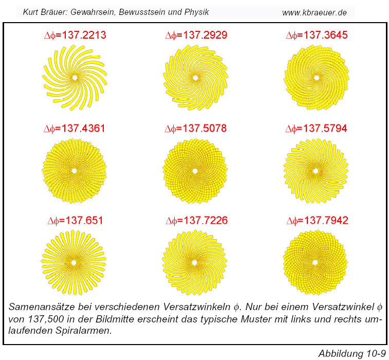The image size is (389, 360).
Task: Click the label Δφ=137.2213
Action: [75, 35]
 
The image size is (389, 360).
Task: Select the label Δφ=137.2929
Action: [196, 35]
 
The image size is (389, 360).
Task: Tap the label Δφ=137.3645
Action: [317, 35]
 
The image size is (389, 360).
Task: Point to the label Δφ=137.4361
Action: [75, 128]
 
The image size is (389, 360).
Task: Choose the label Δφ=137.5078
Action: [196, 128]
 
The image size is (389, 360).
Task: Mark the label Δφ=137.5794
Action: [317, 128]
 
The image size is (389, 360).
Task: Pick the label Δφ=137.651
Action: [75, 221]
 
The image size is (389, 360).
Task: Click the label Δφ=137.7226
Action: [196, 221]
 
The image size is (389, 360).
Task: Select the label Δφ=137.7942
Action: [317, 221]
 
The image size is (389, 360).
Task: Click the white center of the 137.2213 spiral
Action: [75, 78]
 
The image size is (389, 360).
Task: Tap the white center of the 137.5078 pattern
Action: [195, 170]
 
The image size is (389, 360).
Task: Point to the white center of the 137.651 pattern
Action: [74, 262]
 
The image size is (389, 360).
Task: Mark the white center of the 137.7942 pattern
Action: [315, 262]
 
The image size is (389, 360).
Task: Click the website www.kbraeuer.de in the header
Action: [315, 12]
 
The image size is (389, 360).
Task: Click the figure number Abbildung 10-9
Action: [351, 353]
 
